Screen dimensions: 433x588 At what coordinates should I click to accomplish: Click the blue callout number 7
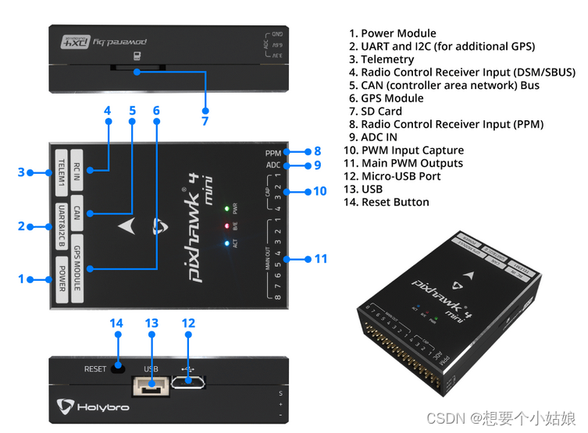[x=205, y=121]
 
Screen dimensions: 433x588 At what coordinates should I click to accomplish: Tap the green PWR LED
[x=226, y=209]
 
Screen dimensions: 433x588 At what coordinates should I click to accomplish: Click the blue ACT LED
[x=226, y=243]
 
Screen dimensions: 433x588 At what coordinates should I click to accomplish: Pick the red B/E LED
[x=226, y=226]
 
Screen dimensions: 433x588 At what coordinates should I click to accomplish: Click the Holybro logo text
[x=102, y=407]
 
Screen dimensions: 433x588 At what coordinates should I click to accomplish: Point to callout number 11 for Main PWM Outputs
[x=320, y=258]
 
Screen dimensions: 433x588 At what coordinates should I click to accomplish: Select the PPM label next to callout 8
[x=273, y=153]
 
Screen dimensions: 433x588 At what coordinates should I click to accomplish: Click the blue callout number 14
[x=117, y=323]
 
